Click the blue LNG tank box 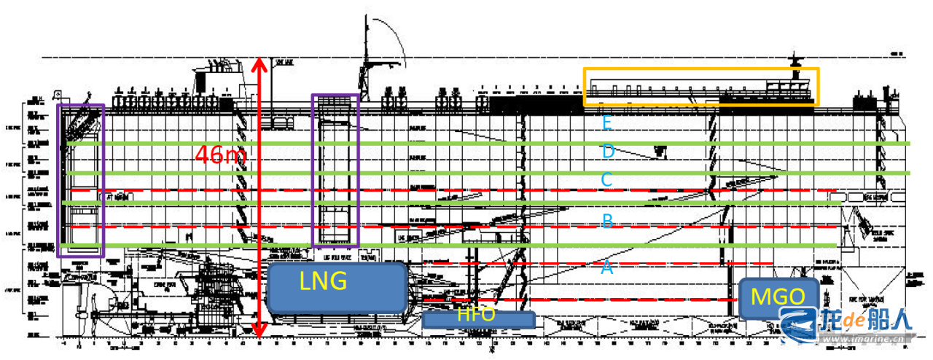click(x=336, y=287)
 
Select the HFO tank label click(x=477, y=316)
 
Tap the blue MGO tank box click(x=778, y=297)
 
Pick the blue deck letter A click(x=606, y=268)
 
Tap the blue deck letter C click(x=607, y=179)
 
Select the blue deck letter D click(x=607, y=152)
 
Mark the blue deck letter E click(x=606, y=123)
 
